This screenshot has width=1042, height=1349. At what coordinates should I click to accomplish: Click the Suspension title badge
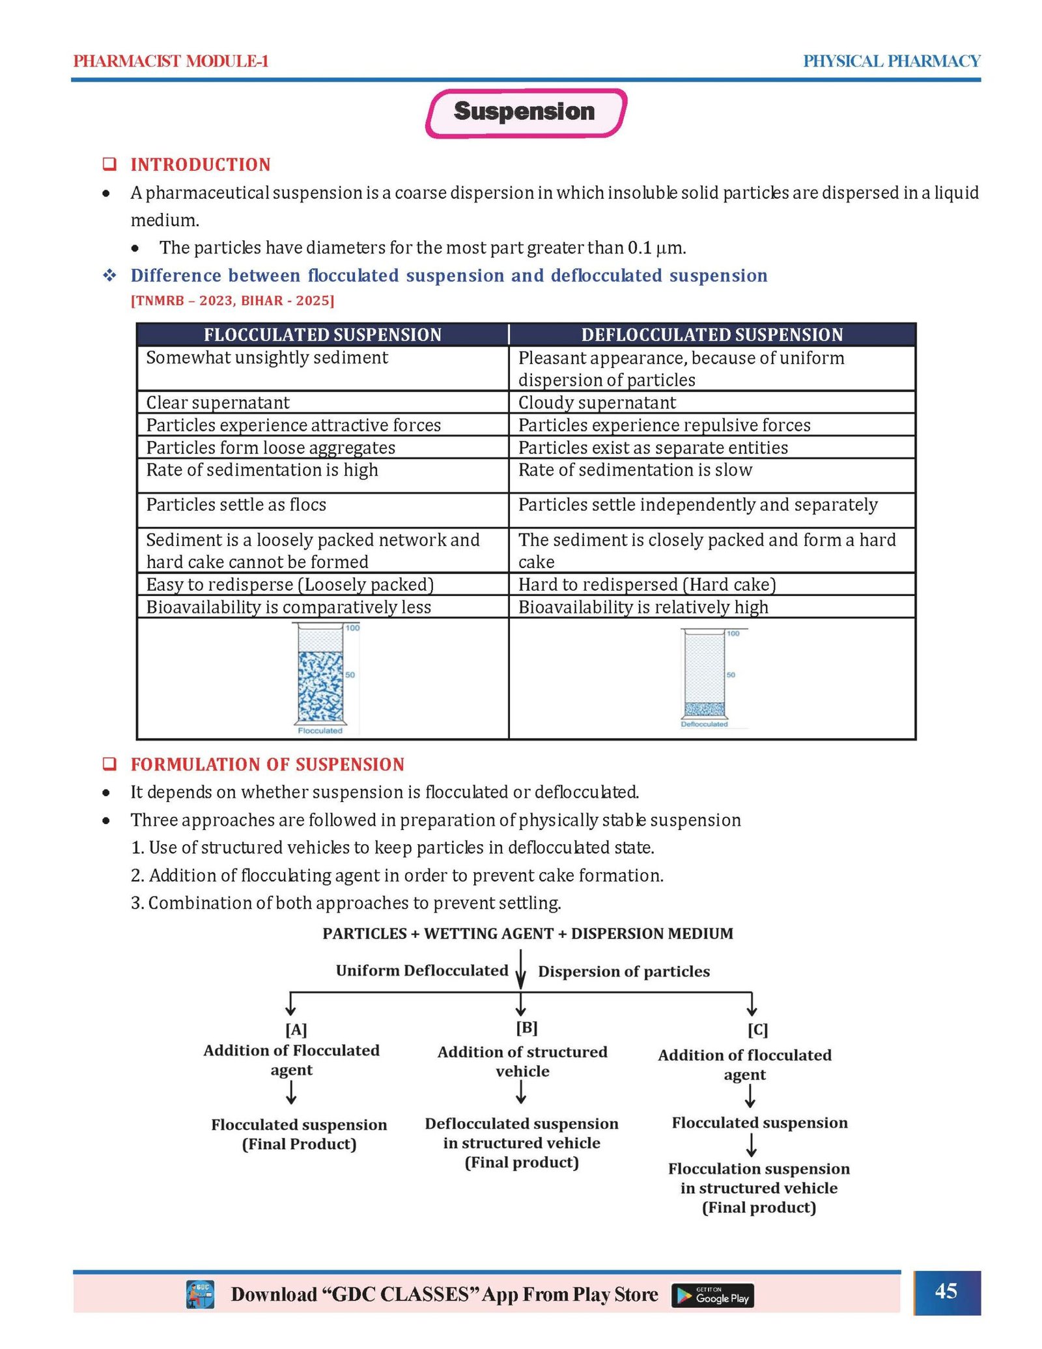525,112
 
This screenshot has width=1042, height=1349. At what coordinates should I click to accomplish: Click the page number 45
946,1290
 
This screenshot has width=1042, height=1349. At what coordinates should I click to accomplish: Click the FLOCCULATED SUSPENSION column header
322,335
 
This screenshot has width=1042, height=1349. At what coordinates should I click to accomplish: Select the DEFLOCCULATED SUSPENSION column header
712,335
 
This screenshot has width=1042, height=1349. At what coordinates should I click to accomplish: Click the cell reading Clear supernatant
218,403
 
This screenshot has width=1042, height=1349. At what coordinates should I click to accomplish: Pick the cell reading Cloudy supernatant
597,403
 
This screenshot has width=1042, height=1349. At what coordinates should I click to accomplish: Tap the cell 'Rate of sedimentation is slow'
635,470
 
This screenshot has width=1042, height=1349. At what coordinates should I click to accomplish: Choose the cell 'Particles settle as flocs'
236,505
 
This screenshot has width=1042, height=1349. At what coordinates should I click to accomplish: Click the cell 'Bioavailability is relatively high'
643,607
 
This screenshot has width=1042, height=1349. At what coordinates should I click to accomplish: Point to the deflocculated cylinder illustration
705,677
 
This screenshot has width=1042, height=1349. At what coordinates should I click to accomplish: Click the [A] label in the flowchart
296,1030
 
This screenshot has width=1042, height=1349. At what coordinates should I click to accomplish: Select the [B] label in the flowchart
526,1028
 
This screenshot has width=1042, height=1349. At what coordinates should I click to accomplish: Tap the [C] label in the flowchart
757,1030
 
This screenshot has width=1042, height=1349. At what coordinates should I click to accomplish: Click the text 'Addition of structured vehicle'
522,1061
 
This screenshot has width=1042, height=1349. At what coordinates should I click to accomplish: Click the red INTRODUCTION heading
201,165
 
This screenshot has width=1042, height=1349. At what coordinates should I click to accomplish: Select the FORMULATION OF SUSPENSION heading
268,764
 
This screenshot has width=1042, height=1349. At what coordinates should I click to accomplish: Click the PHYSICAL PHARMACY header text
891,61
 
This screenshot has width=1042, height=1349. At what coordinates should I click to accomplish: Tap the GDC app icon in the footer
200,1294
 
